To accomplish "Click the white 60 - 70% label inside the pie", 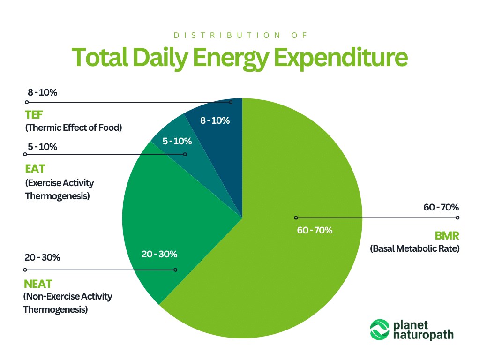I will [315, 230].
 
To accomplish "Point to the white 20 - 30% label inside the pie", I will [159, 255].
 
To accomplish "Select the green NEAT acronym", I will [38, 284].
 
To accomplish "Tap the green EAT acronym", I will [35, 168].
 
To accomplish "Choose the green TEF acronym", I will [34, 115].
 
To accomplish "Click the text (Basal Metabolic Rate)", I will [415, 248].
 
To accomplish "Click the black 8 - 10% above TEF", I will [42, 93].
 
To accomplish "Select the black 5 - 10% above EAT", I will [42, 147].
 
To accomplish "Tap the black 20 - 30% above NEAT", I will [42, 258].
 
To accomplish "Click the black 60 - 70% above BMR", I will [441, 207].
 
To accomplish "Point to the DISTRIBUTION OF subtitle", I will [240, 35].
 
